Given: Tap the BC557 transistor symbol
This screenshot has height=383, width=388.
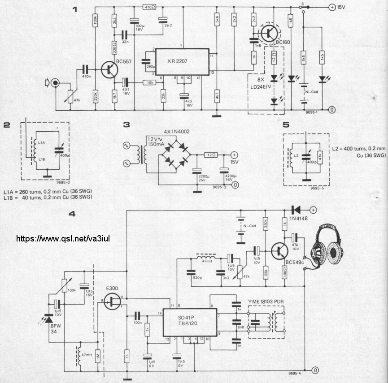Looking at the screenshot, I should pyautogui.click(x=109, y=69).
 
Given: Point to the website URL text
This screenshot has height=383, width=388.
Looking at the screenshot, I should pyautogui.click(x=63, y=238).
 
